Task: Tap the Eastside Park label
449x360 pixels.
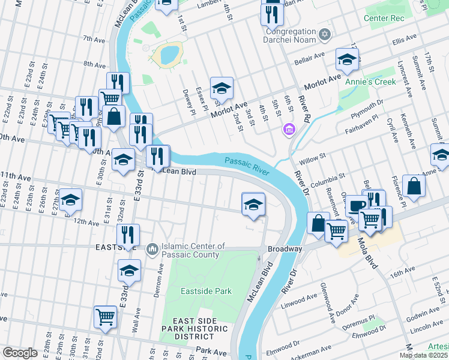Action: (x=206, y=292)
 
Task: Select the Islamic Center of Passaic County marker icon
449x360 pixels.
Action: (x=152, y=248)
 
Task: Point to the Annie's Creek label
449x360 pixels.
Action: (x=375, y=82)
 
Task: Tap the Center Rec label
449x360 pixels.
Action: (x=385, y=18)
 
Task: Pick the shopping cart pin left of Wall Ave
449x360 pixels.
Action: (x=106, y=316)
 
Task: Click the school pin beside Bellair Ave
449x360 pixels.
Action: (x=347, y=59)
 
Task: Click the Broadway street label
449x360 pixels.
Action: (x=285, y=248)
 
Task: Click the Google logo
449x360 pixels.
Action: (x=20, y=353)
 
